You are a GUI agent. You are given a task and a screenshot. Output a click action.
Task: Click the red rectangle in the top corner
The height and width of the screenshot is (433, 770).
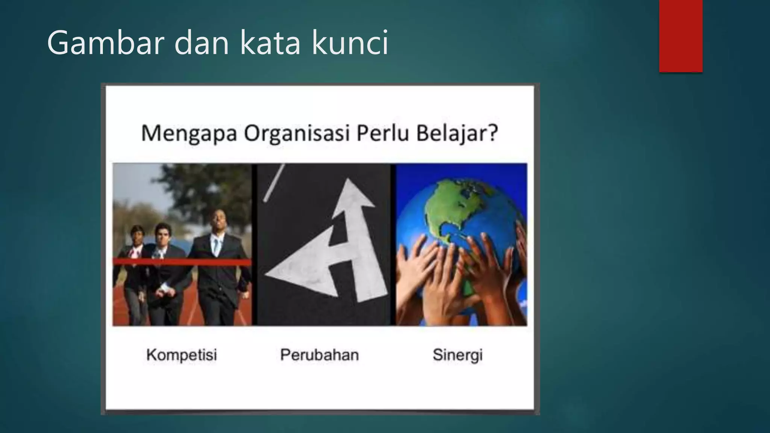click(x=681, y=36)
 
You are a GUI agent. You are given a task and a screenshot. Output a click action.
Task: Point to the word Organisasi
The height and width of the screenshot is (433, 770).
click(x=297, y=133)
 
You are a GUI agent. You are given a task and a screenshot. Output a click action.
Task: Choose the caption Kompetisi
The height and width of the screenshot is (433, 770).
click(x=182, y=355)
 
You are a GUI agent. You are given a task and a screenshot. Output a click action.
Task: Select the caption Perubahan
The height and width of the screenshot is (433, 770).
click(x=320, y=355)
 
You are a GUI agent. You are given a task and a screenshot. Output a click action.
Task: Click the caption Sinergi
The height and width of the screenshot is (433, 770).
click(x=457, y=355)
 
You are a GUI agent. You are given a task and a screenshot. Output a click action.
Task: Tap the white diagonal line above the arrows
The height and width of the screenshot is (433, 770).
click(x=273, y=183)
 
